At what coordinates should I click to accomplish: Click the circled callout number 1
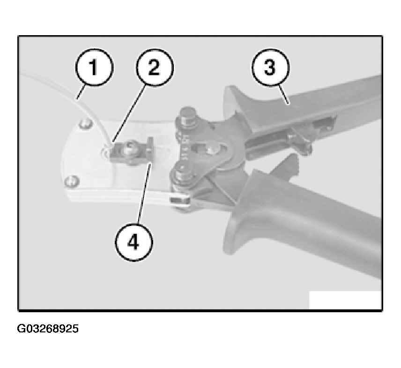(94, 68)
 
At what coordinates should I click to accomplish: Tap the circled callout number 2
(155, 68)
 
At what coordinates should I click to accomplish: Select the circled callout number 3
(271, 68)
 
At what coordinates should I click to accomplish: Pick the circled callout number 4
(134, 242)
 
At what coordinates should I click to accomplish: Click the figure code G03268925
(48, 329)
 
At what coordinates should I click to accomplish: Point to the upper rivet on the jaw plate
(86, 124)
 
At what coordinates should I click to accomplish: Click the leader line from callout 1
(81, 93)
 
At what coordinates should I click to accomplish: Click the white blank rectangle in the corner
(345, 300)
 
